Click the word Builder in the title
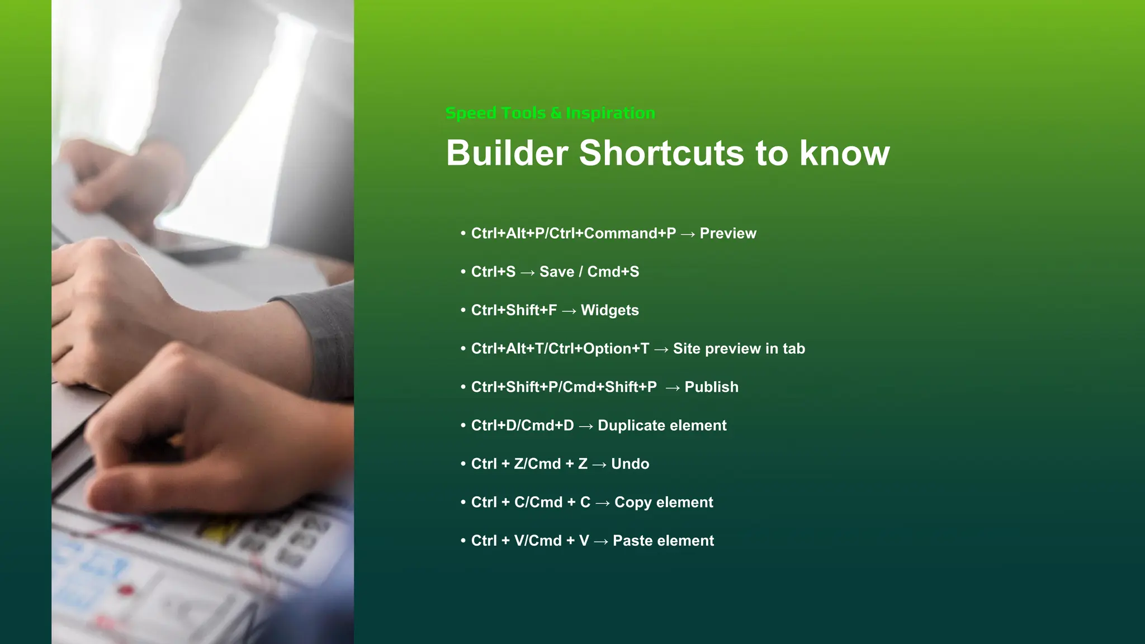[507, 153]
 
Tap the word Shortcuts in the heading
[661, 153]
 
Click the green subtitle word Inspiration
[610, 113]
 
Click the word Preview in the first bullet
[727, 233]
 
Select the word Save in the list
[556, 272]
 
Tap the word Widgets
[609, 310]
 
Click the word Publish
[711, 387]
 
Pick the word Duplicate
[631, 425]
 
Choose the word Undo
[630, 464]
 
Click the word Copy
[632, 502]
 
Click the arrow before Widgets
[569, 311]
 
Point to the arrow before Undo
[599, 465]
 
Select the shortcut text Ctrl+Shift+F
[514, 310]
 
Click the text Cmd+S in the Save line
[613, 272]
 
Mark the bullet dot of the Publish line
[463, 387]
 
